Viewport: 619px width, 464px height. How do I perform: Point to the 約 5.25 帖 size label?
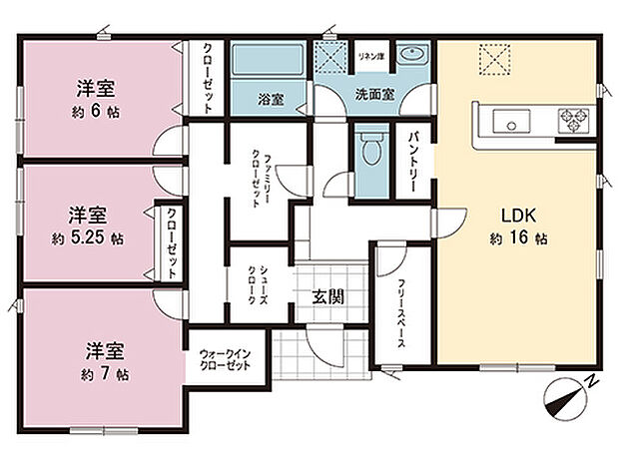coord(88,238)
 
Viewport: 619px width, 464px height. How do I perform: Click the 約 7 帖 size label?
coord(104,374)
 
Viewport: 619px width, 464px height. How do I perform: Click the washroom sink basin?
coord(411,57)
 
